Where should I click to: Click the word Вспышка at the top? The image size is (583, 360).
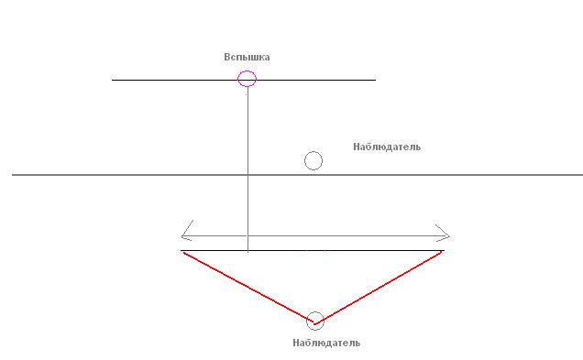pos(247,57)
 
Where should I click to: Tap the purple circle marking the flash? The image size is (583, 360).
pos(238,79)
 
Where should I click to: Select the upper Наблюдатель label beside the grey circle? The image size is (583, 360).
pos(387,147)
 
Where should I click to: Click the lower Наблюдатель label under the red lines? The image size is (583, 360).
pos(326,343)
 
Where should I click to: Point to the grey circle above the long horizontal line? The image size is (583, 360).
pos(304,161)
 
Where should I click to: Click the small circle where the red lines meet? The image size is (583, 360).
pos(307,321)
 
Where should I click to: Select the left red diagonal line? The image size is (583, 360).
pos(249,289)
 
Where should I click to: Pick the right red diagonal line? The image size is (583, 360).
pos(379,288)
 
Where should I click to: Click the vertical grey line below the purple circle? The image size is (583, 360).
pos(247,169)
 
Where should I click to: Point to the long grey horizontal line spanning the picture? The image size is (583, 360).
pos(297,175)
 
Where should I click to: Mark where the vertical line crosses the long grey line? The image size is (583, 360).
pos(247,175)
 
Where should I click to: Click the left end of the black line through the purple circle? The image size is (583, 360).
pos(112,80)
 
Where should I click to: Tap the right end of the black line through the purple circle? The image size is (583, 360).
pos(376,80)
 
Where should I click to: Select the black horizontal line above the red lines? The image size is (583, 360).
pos(313,251)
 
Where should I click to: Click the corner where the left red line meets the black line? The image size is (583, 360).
pos(183,252)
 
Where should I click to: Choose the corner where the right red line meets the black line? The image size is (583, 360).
pos(443,251)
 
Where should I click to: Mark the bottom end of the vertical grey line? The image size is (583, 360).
pos(247,252)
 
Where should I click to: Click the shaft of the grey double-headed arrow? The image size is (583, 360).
pos(315,236)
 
